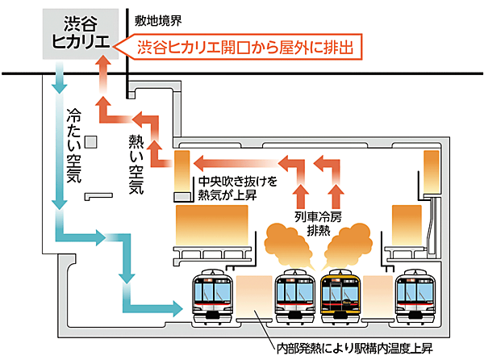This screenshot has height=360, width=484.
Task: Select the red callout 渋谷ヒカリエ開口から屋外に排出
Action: (245, 48)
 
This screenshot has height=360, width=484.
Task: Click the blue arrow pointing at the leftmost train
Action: (161, 306)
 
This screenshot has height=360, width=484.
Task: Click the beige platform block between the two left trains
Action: (253, 299)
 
